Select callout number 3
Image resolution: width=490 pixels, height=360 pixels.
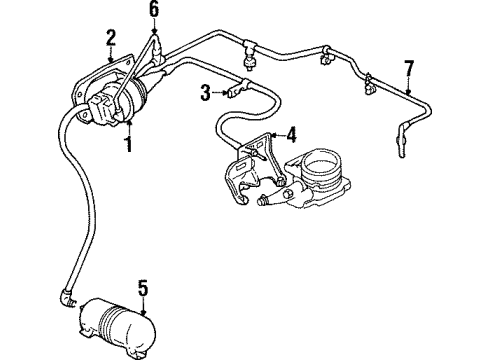[204, 93]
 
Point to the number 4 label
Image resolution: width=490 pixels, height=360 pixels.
[291, 132]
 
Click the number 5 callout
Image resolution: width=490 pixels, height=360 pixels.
[143, 291]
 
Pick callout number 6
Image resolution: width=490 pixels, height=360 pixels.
[153, 9]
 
